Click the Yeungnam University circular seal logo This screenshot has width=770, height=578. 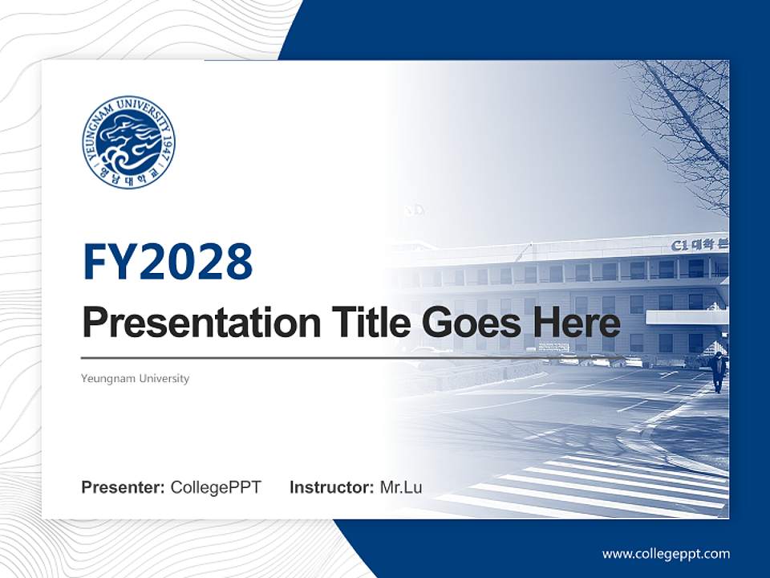tap(128, 142)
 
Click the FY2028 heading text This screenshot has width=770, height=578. tap(168, 262)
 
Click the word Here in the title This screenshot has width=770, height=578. tap(577, 324)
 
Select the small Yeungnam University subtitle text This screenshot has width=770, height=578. tap(136, 378)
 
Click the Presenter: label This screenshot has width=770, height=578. tap(124, 487)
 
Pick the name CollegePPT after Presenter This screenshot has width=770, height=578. tap(216, 487)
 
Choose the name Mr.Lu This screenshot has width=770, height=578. tap(401, 487)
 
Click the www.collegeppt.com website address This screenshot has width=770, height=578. tap(666, 553)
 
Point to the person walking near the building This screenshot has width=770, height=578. tap(718, 371)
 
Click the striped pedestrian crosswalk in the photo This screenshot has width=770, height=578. tap(610, 482)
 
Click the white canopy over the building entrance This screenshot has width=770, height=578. tap(687, 317)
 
